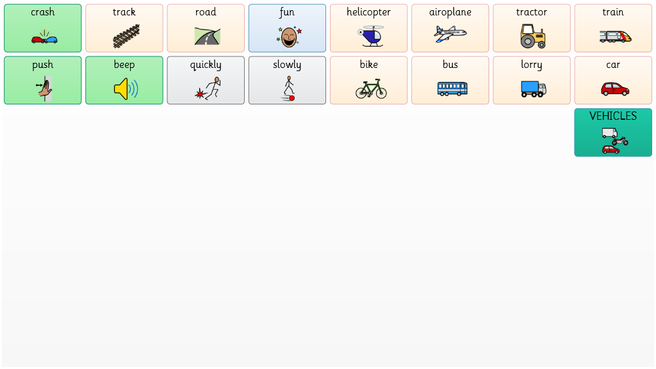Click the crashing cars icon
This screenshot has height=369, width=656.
coord(44,37)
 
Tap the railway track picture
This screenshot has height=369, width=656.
coord(126,36)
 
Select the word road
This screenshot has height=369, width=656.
coord(206,12)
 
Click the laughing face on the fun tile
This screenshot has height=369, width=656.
coord(289,37)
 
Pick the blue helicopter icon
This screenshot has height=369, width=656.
coord(371,36)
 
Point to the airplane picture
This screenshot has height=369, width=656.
coord(450,34)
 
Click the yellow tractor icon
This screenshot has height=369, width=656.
coord(533,36)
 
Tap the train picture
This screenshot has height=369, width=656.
coord(615,37)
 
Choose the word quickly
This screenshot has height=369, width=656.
coord(206,65)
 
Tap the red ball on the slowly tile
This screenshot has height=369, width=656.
coord(292,98)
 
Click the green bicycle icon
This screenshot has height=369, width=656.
coord(371,88)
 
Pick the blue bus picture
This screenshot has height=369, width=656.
coord(452,88)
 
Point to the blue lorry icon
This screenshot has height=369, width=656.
coord(534,89)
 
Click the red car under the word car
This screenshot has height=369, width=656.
coord(615,89)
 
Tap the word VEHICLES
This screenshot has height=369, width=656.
coord(613,116)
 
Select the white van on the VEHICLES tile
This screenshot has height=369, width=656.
coord(610,133)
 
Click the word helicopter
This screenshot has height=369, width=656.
coord(368,12)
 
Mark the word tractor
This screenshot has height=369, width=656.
coord(531,12)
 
